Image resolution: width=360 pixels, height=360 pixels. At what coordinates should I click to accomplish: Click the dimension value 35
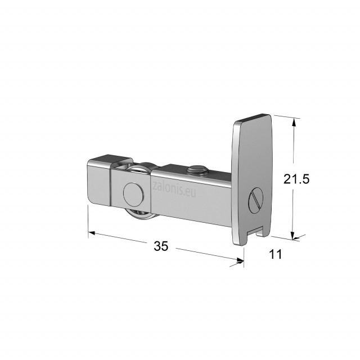pos(161,246)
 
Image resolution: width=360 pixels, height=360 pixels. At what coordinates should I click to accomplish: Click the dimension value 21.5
pos(296,179)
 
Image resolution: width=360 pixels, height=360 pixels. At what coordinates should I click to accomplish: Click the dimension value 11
pos(275,254)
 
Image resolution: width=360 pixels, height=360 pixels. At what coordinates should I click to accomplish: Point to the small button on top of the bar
pos(197,170)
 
